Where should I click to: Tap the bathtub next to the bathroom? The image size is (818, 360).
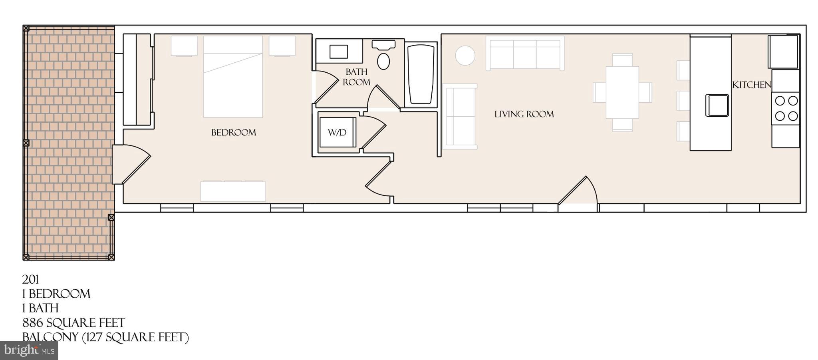tap(421, 74)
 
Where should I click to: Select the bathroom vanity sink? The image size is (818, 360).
tap(338, 52)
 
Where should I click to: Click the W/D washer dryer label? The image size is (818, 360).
tap(337, 132)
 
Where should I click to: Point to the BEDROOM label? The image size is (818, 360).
tap(234, 133)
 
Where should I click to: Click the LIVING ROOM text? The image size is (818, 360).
tap(524, 114)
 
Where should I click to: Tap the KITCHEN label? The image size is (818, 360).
tap(751, 85)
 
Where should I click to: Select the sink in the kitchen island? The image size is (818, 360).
tap(717, 105)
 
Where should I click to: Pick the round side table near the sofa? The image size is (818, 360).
tap(465, 55)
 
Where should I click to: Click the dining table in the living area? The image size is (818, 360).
tap(622, 92)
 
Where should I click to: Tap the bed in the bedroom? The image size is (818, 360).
tap(233, 77)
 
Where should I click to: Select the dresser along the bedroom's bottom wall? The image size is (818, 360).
tap(233, 191)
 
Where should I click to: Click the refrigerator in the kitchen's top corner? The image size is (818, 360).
tap(783, 52)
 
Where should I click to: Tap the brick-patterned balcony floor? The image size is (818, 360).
tap(68, 140)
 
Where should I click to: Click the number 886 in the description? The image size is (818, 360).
tap(33, 323)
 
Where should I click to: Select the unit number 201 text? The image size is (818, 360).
tap(30, 279)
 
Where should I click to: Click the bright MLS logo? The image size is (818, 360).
tap(29, 350)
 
